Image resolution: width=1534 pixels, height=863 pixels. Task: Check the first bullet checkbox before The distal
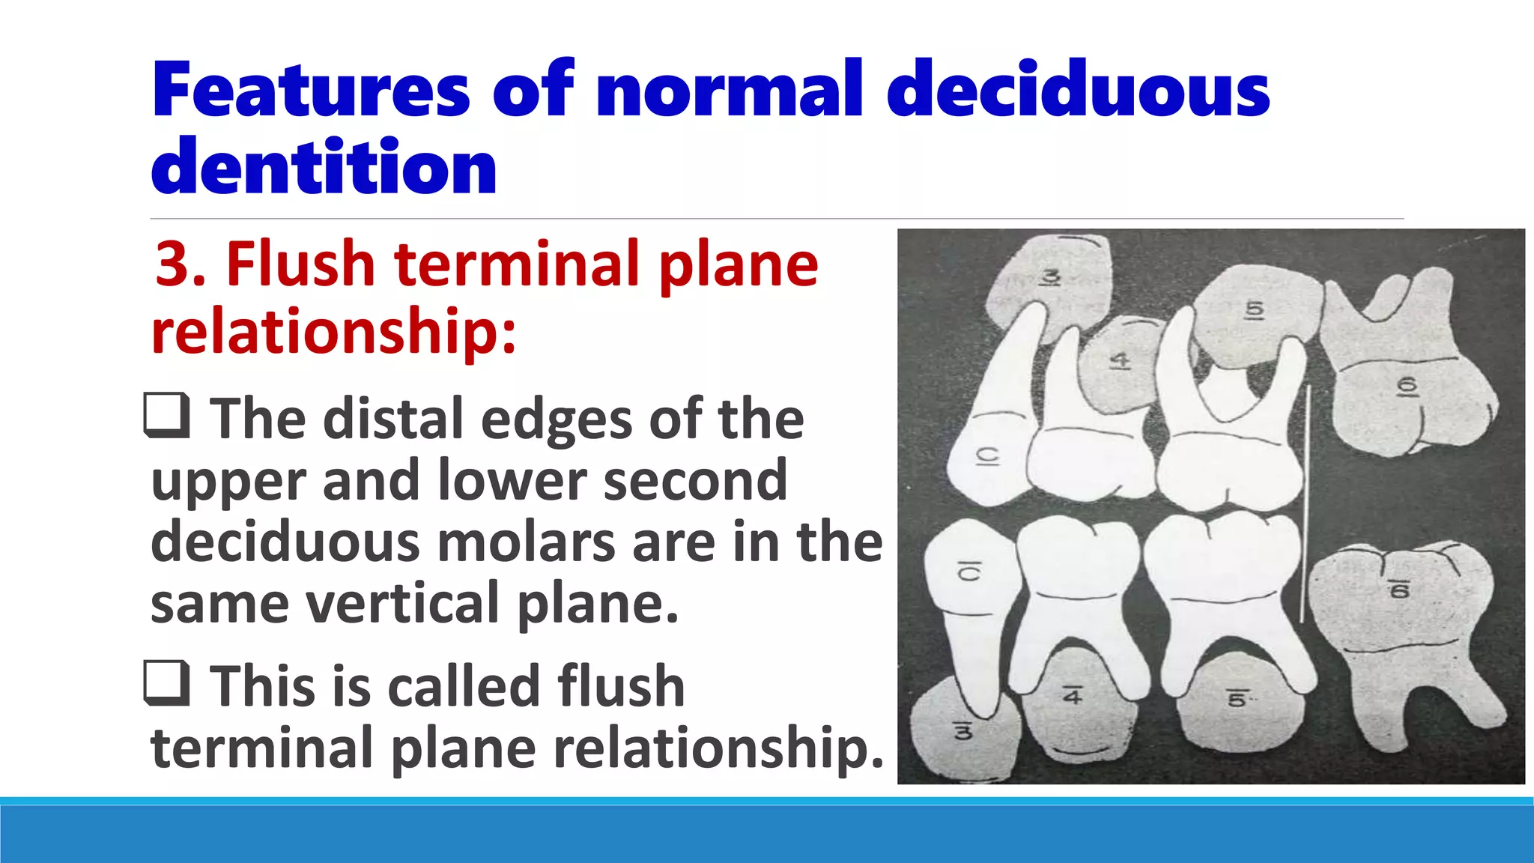pyautogui.click(x=166, y=416)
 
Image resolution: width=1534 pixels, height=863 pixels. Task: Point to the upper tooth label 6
pyautogui.click(x=1407, y=386)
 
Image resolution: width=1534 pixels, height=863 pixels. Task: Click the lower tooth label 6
pyautogui.click(x=1399, y=590)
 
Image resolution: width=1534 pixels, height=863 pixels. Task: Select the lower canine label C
pyautogui.click(x=970, y=572)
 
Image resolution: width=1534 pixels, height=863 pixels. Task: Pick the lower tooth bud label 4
pyautogui.click(x=1073, y=697)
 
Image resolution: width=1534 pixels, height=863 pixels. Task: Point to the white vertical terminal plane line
pyautogui.click(x=1306, y=502)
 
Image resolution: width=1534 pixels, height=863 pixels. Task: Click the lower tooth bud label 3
pyautogui.click(x=963, y=730)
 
